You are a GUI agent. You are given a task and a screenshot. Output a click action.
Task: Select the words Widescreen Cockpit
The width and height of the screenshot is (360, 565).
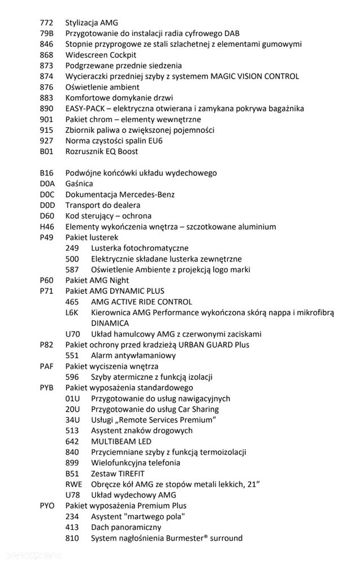101,55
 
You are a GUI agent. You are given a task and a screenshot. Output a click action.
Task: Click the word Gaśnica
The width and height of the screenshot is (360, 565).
79,184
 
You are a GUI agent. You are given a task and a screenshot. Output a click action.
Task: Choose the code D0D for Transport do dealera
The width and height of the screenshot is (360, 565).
47,206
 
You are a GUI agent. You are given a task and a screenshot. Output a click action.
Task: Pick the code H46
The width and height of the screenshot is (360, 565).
47,227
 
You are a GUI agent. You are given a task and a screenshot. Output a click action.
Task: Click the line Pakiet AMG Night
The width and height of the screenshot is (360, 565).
97,281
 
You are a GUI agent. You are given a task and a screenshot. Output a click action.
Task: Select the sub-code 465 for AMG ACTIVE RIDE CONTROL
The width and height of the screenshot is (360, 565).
72,302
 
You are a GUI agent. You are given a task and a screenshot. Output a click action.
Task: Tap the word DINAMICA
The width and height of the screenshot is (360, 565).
110,324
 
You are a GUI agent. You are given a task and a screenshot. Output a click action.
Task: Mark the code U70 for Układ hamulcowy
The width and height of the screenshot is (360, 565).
72,334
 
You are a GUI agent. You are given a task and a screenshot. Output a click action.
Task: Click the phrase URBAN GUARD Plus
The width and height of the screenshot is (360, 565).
214,345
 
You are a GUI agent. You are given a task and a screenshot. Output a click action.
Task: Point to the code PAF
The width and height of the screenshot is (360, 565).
47,367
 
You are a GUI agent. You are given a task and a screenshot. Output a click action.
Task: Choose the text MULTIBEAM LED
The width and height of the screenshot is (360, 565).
119,442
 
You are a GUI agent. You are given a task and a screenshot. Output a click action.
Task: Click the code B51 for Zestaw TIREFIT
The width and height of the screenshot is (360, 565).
72,474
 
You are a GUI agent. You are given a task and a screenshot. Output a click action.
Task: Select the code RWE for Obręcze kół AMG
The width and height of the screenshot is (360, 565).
73,485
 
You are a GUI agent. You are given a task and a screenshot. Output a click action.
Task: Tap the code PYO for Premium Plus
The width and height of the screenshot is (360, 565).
47,506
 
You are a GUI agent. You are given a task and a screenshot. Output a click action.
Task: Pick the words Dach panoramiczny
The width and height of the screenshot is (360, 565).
126,528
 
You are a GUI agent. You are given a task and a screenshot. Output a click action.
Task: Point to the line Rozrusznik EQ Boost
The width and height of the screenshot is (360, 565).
102,152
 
